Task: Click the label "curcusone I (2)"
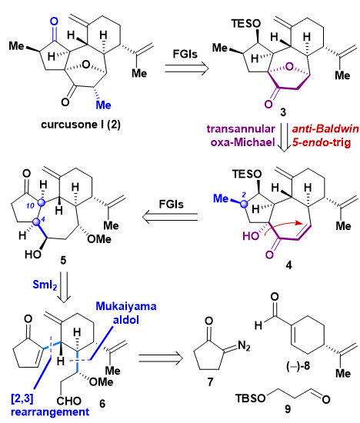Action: click(x=81, y=125)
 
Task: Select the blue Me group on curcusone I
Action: click(x=104, y=105)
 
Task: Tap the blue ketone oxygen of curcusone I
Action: click(x=55, y=22)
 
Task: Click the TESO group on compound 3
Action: click(x=246, y=24)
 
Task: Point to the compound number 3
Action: click(x=283, y=112)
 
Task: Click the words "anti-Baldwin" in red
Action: click(x=325, y=129)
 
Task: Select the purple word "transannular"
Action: click(x=241, y=129)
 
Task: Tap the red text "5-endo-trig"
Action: click(x=322, y=142)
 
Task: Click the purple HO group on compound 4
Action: click(x=251, y=236)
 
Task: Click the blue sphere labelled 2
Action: click(x=244, y=205)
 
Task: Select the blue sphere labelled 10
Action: click(x=42, y=202)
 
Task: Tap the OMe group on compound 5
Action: click(x=98, y=238)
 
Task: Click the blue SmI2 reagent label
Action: click(x=45, y=285)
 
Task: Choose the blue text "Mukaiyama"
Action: click(x=126, y=307)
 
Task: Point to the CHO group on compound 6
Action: click(x=69, y=401)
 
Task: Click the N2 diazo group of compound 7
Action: click(x=244, y=345)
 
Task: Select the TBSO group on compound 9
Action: click(x=251, y=398)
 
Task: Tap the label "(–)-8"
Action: click(x=298, y=366)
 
